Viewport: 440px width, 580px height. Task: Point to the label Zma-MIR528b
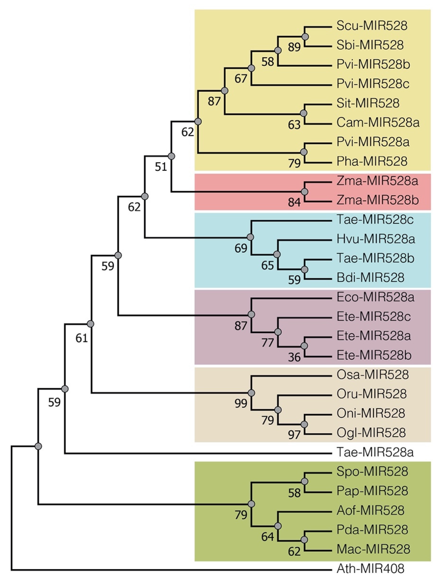[378, 200]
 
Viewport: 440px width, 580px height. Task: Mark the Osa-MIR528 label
[372, 375]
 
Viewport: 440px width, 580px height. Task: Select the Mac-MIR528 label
[373, 549]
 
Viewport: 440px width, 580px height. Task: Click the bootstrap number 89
[294, 48]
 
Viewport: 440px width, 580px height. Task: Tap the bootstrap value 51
[161, 167]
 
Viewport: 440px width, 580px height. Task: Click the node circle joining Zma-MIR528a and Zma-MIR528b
[304, 192]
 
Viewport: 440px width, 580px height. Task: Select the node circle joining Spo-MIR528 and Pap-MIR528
[304, 481]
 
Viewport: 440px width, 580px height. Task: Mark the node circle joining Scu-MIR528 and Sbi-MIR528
[305, 37]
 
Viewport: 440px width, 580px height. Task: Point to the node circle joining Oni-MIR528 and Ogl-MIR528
[304, 424]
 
